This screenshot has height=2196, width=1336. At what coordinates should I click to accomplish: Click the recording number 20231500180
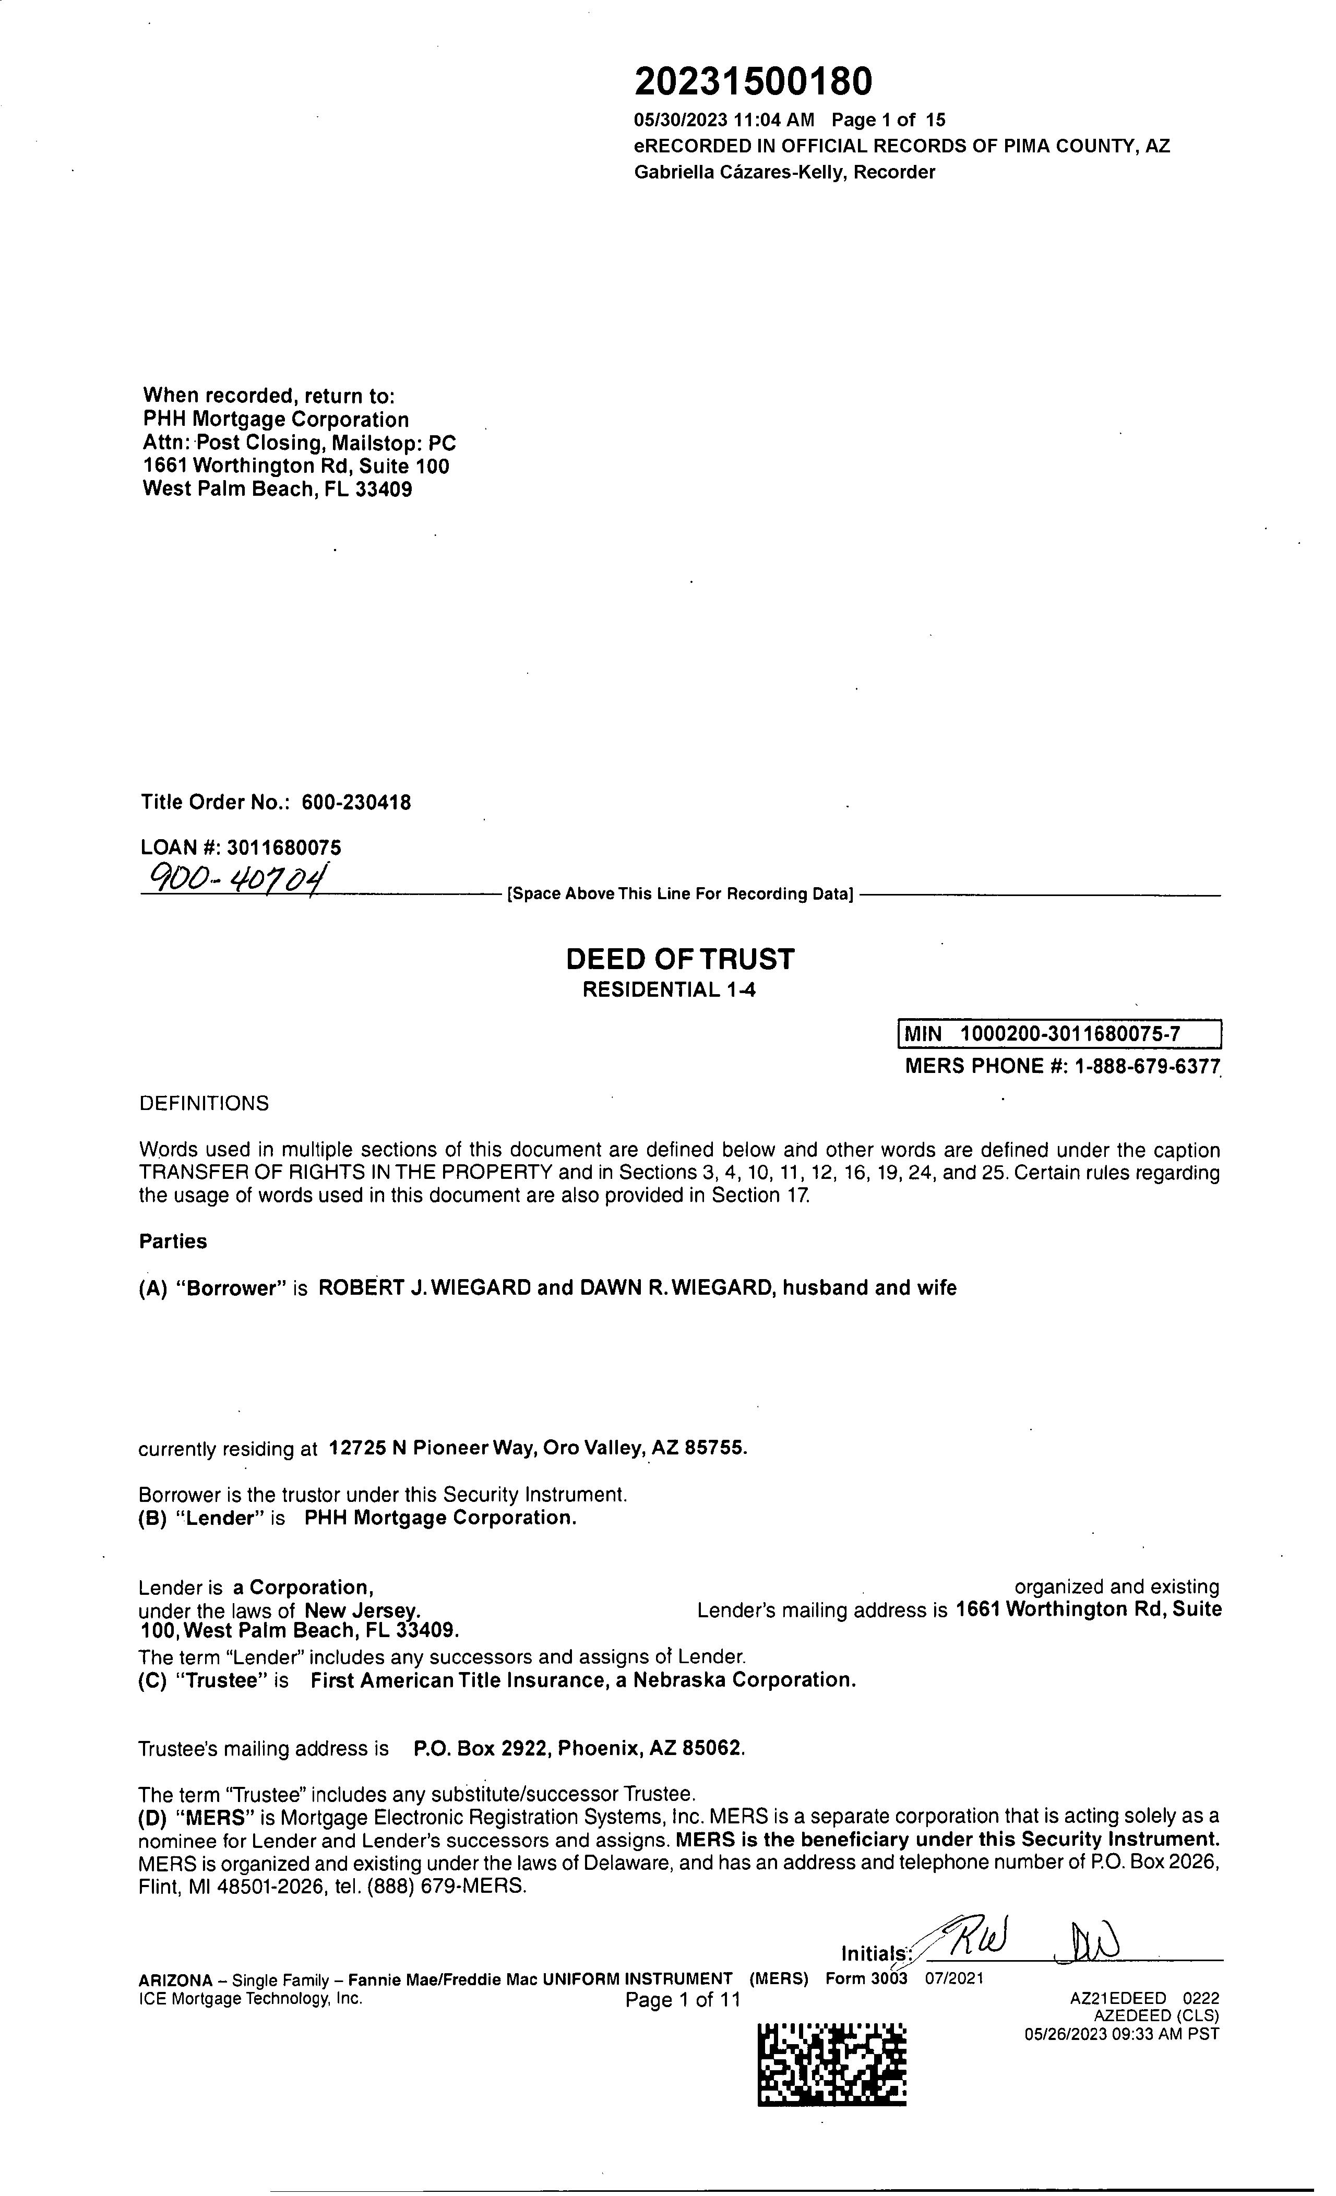pos(753,82)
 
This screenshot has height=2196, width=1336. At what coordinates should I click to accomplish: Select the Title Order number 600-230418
pos(356,802)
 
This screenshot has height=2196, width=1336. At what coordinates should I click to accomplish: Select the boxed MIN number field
pos(1058,1034)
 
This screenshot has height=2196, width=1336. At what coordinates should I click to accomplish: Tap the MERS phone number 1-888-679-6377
pos(1148,1066)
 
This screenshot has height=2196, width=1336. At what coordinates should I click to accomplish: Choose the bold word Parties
pos(173,1242)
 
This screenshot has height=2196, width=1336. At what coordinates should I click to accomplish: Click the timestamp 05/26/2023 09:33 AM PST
pos(1121,2034)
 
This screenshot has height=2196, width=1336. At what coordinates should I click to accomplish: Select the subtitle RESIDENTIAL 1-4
pos(669,989)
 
